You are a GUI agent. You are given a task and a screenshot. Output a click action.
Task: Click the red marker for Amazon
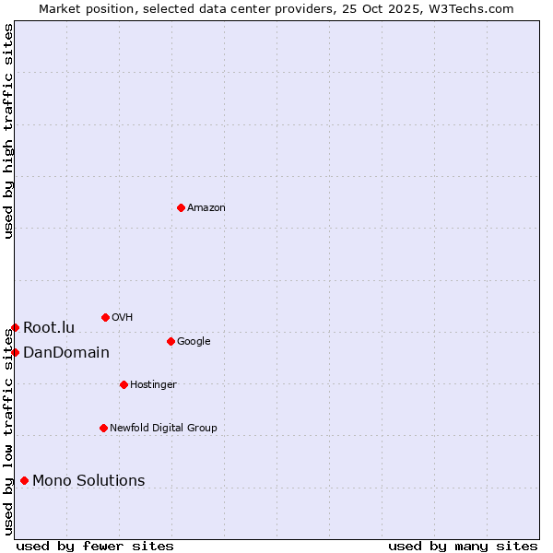coord(181,207)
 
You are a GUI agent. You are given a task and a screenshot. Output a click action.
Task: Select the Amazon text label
coord(206,208)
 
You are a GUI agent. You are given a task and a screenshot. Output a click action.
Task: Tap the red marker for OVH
coord(105,317)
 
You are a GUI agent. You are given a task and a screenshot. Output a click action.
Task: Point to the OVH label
coord(123,318)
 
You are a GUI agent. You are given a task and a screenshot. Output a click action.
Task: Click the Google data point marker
coord(171,341)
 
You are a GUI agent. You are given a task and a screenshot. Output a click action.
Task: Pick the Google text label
coord(194,342)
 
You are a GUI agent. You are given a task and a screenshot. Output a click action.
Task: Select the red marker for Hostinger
coord(124,384)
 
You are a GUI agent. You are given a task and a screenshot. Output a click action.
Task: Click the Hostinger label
coord(153,385)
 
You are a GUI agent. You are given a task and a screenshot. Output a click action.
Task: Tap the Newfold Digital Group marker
coord(103,428)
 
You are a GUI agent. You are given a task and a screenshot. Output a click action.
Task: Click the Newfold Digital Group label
coord(163,429)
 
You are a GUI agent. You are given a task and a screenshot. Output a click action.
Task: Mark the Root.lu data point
coord(15,327)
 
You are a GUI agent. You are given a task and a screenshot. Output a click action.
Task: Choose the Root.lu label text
coord(49,328)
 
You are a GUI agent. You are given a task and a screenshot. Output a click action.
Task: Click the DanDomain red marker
coord(15,352)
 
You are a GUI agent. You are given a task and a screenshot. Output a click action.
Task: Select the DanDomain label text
coord(66,353)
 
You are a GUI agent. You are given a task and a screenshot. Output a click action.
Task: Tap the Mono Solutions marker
coord(24,480)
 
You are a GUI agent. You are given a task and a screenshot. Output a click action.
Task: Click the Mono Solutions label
coord(88,481)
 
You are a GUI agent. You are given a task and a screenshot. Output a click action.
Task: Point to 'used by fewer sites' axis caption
coord(95,547)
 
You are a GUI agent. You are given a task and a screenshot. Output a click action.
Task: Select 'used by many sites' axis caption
coord(463,547)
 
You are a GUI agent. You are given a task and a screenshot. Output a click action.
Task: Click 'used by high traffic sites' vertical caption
coord(8,131)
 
